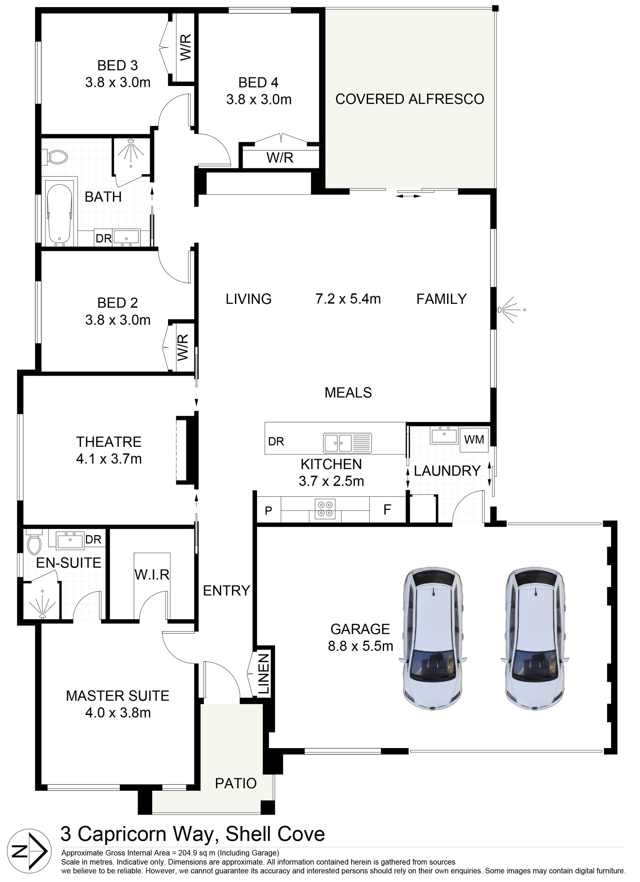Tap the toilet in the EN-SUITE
[x=34, y=543]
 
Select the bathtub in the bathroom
[x=59, y=214]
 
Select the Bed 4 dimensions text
[x=259, y=100]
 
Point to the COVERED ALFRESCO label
[x=410, y=99]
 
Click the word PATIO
[x=236, y=783]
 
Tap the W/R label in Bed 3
[x=186, y=47]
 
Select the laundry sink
[x=444, y=435]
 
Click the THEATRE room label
[x=109, y=442]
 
